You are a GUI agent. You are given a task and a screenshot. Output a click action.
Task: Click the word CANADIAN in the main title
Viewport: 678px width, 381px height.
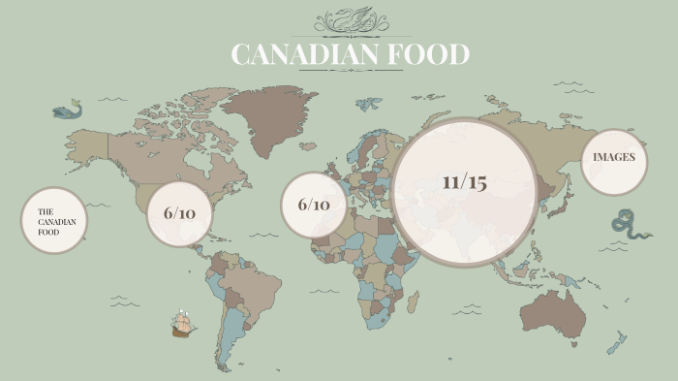tap(304, 54)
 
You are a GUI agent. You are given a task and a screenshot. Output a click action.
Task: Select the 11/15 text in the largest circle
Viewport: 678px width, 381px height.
tap(464, 182)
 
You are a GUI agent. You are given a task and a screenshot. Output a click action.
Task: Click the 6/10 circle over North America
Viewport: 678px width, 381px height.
tap(179, 213)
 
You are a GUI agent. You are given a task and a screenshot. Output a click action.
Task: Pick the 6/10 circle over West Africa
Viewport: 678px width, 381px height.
tap(314, 206)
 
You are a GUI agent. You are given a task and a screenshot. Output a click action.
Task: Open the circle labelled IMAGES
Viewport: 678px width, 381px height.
tap(614, 157)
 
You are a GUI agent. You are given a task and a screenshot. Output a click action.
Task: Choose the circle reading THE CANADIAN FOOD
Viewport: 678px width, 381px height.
tap(54, 221)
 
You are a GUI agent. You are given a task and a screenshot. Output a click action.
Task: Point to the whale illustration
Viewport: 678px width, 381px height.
tap(66, 111)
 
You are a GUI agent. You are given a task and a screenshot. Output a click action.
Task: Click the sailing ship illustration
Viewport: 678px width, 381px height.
tap(181, 323)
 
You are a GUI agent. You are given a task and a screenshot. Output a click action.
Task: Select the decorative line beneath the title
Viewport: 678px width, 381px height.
tap(350, 71)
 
